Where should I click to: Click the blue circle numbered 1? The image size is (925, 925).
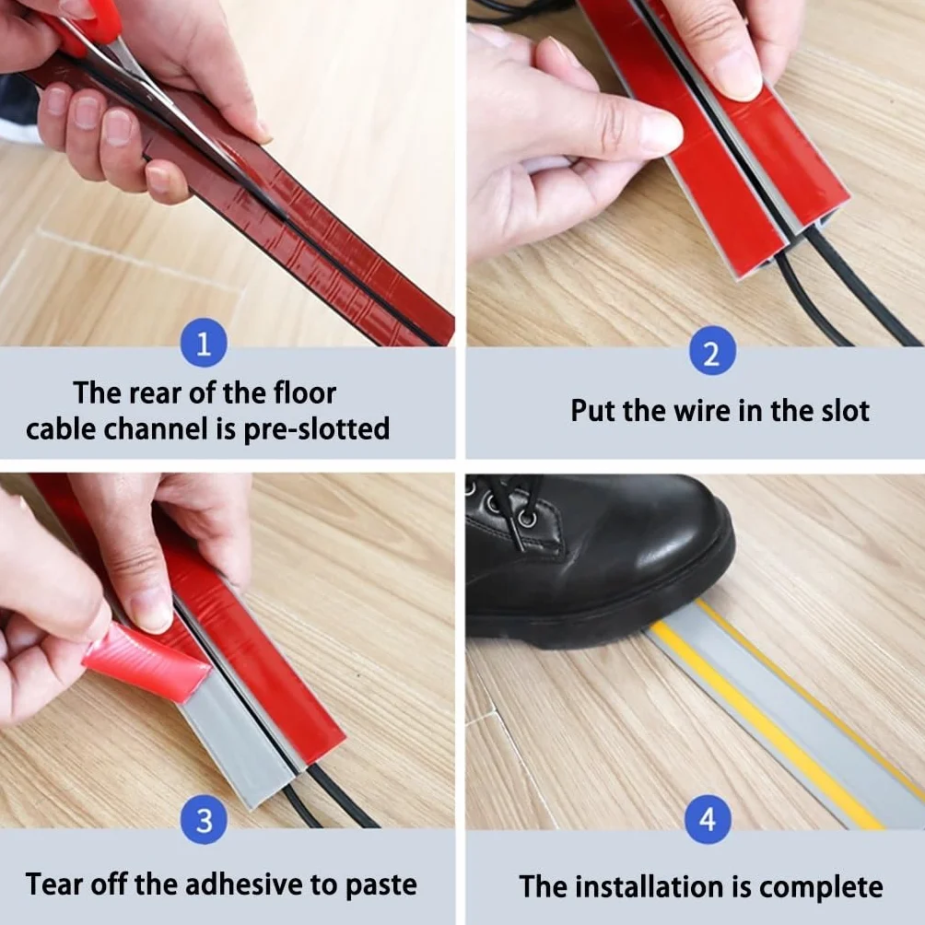click(x=204, y=343)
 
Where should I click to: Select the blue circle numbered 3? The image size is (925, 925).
click(x=204, y=820)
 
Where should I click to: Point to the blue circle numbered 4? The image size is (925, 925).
click(x=708, y=819)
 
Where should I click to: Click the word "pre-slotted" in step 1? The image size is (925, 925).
click(x=316, y=429)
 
